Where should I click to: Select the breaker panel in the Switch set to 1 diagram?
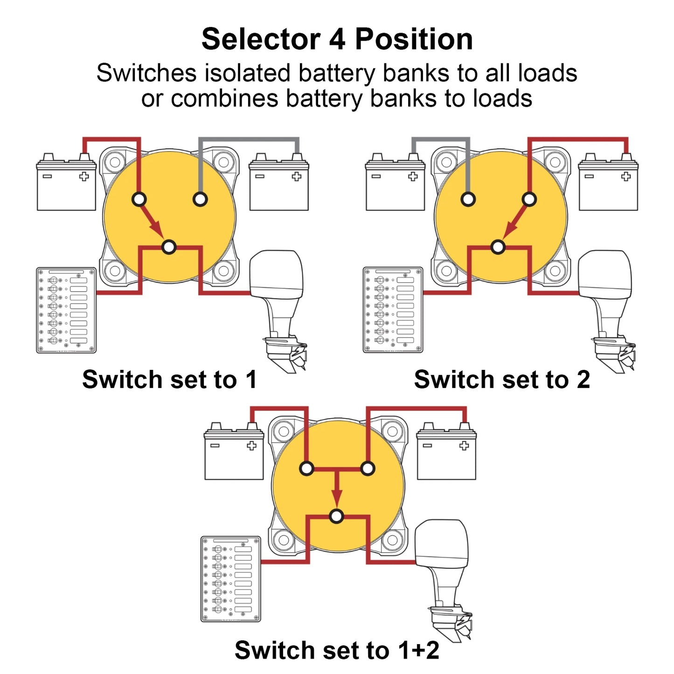click(x=66, y=310)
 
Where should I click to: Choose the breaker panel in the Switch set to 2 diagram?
click(x=393, y=310)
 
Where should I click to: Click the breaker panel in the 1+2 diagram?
click(x=231, y=579)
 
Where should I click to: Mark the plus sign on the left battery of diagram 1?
click(x=84, y=176)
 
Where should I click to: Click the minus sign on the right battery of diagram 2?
click(x=589, y=176)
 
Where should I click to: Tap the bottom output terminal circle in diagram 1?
click(x=169, y=247)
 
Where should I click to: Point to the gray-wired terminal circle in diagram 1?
click(x=200, y=199)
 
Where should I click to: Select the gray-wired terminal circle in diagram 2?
click(x=468, y=199)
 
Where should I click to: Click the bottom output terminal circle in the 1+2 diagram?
click(x=336, y=516)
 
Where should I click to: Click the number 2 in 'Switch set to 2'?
click(x=583, y=380)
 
